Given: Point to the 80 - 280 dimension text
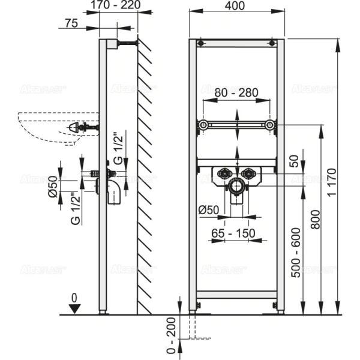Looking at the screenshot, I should [x=236, y=93].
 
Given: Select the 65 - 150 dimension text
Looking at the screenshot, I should [x=236, y=232].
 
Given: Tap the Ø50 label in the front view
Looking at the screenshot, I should [x=208, y=209].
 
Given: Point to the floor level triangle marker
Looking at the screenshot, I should [x=73, y=308].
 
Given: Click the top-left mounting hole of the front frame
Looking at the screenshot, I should [x=200, y=43].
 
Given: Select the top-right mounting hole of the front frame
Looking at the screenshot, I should [x=272, y=43].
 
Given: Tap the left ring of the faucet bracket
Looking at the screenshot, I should [x=203, y=125].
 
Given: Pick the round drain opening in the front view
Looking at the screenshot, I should [x=236, y=186].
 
